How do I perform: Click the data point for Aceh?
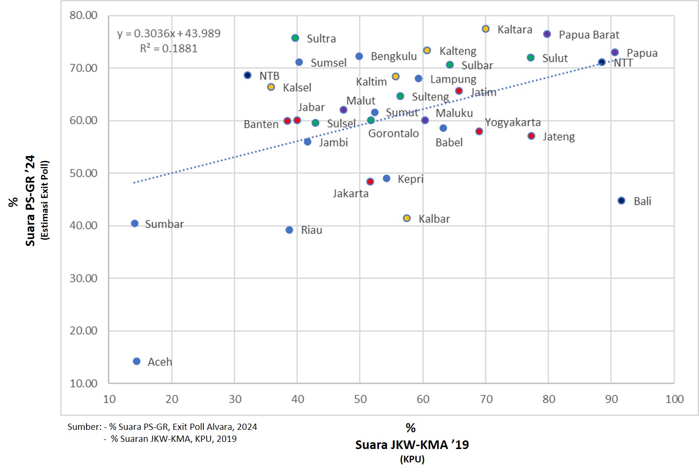tap(137, 361)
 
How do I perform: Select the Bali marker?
tap(621, 201)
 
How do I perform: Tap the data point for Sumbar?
tap(135, 224)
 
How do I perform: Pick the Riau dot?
tap(289, 230)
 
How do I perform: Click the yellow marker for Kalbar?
tap(407, 218)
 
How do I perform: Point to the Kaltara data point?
tap(486, 29)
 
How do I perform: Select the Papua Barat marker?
tap(547, 34)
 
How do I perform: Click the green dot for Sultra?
tap(295, 38)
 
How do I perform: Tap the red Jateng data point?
tap(531, 136)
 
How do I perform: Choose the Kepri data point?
tap(387, 179)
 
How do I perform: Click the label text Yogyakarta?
tap(512, 123)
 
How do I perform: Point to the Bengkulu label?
tap(394, 56)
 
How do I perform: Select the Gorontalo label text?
tap(393, 134)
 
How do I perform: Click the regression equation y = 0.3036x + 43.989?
tap(169, 34)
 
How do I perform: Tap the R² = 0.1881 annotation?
tap(169, 48)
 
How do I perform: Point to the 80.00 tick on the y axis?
tap(83, 15)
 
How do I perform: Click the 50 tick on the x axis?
tap(360, 399)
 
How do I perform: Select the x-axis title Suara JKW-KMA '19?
tap(412, 445)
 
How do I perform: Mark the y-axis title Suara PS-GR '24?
tap(30, 201)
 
